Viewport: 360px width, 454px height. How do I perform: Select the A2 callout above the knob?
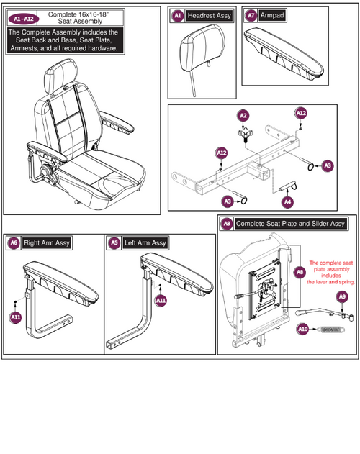pyautogui.click(x=243, y=115)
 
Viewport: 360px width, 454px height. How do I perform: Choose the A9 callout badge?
pyautogui.click(x=343, y=296)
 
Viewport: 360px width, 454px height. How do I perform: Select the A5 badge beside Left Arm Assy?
pyautogui.click(x=114, y=243)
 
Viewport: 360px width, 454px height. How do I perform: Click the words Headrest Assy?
pyautogui.click(x=209, y=15)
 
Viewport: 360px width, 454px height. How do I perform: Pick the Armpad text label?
pyautogui.click(x=272, y=15)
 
